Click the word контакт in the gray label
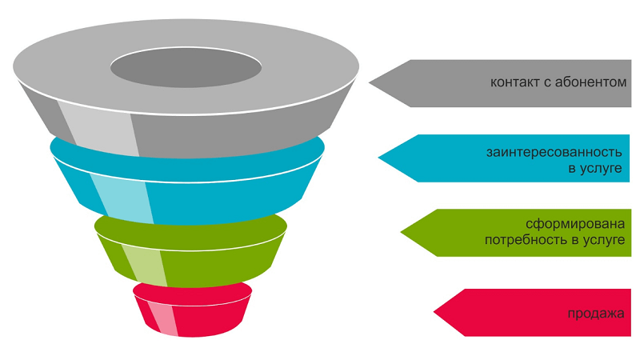coord(514,82)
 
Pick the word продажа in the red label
coord(595,312)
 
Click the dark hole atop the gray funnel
coord(185,66)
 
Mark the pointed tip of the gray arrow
coord(370,82)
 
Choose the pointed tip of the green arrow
coord(402,233)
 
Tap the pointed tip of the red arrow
coord(434,312)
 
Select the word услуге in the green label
coord(602,240)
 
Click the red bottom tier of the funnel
coord(208,316)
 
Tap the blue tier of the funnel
coord(232,188)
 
